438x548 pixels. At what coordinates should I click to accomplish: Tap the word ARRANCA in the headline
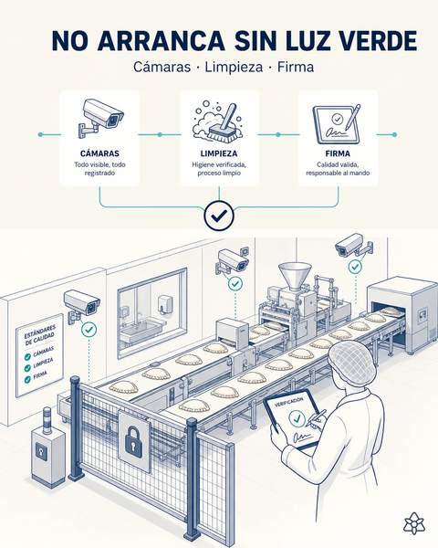(x=161, y=40)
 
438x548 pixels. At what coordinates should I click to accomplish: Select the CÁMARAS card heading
(x=99, y=153)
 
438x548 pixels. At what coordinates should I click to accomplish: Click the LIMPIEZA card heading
(x=219, y=153)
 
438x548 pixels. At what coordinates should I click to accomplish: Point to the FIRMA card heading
(x=338, y=153)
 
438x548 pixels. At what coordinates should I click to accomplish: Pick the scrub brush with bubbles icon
(x=217, y=121)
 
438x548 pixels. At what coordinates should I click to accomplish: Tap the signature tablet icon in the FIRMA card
(x=337, y=124)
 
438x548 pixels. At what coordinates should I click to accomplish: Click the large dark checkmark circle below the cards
(x=219, y=216)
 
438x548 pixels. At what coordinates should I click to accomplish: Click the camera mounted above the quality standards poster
(x=82, y=304)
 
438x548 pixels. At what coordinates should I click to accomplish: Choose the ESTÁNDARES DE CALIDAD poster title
(x=39, y=335)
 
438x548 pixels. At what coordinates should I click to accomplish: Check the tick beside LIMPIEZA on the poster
(x=27, y=368)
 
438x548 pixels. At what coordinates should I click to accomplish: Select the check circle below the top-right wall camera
(x=355, y=267)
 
